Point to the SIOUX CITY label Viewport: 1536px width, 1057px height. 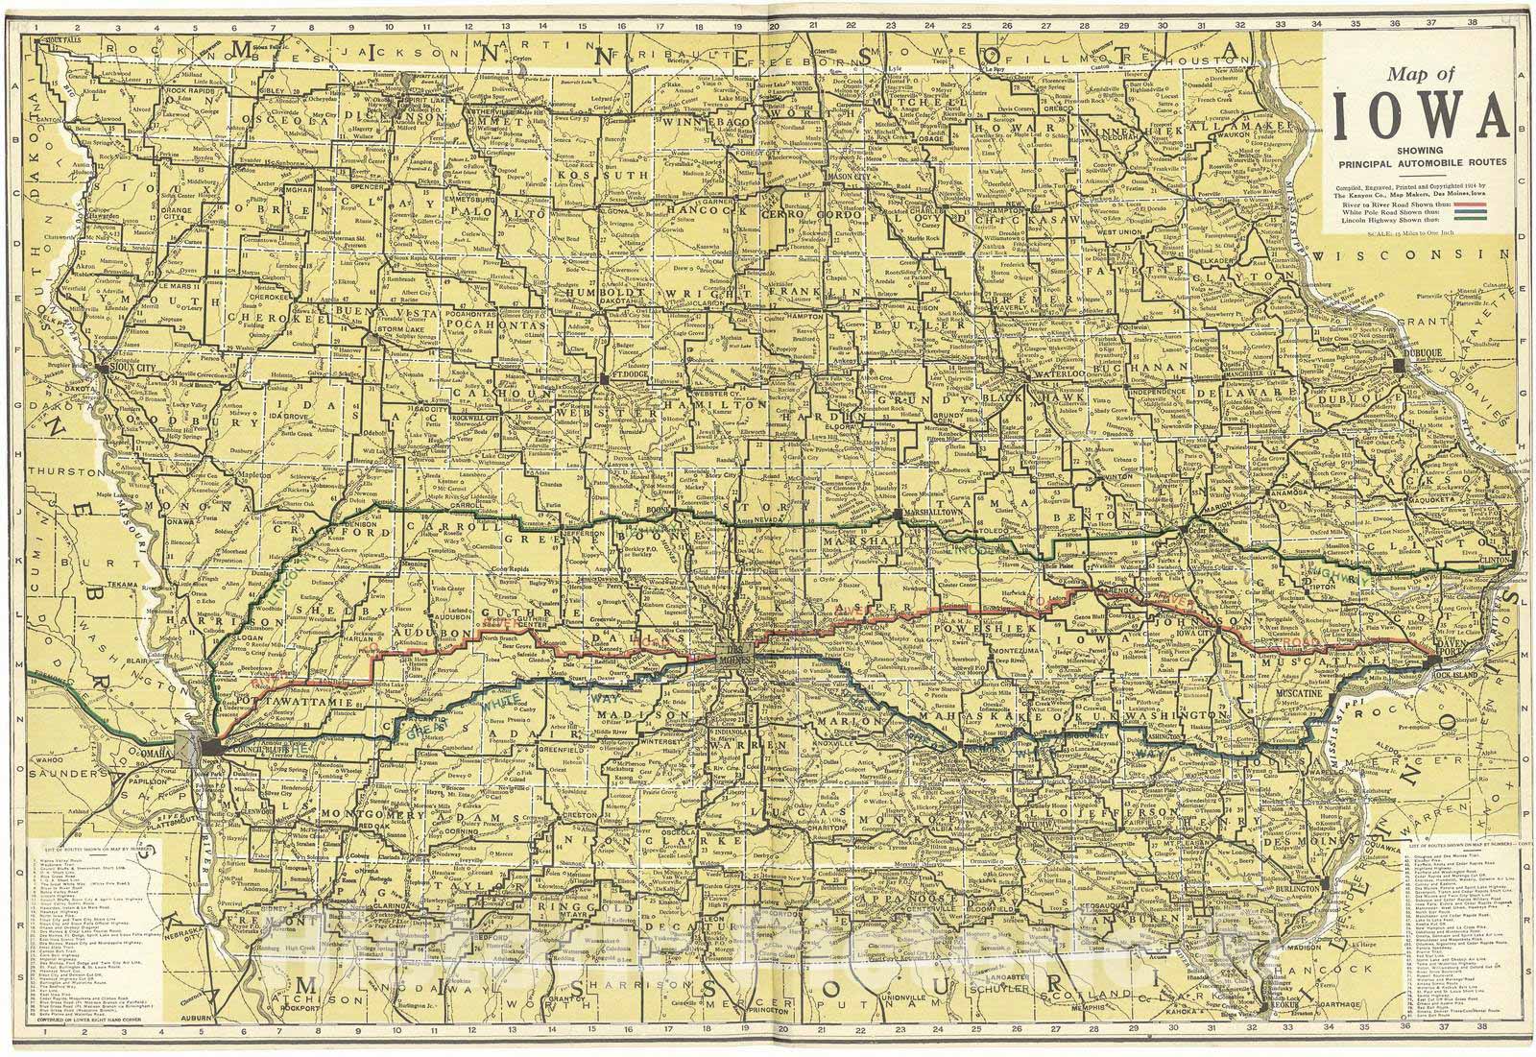point(128,366)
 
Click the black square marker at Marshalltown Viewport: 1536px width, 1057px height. point(897,516)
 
